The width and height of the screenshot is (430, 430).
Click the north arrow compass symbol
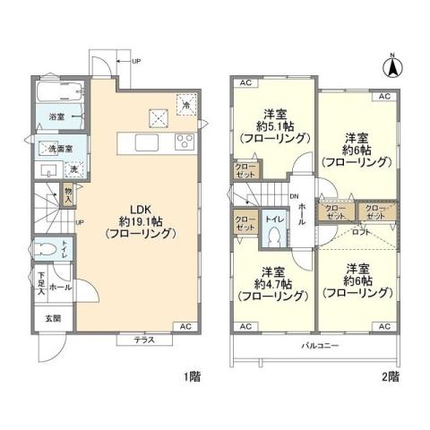point(391,64)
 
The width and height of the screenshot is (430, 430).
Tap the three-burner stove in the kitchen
point(184,141)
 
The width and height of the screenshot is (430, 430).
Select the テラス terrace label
point(146,340)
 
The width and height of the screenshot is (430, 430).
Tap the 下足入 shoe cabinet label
point(41,282)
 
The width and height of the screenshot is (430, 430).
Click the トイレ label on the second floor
point(272,218)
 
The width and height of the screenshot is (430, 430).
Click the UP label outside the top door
point(135,61)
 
